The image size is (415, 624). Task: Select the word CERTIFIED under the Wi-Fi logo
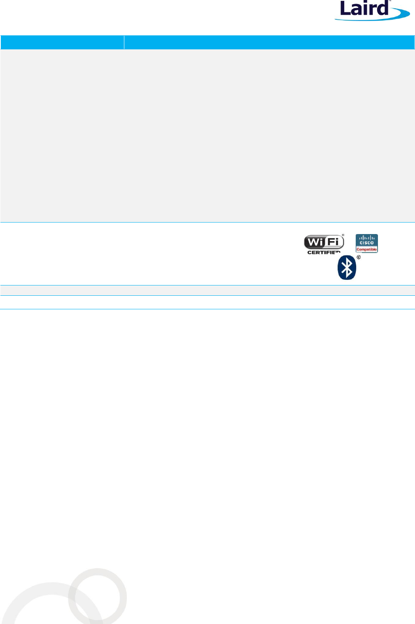[x=324, y=252]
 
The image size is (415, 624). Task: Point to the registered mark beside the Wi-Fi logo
[x=343, y=236]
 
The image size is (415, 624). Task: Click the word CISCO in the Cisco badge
[x=366, y=243]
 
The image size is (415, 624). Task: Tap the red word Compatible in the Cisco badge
[x=366, y=249]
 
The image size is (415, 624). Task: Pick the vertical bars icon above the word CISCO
[x=366, y=238]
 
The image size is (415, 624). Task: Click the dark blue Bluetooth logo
[x=347, y=268]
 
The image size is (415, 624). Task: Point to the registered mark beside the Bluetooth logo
[x=358, y=257]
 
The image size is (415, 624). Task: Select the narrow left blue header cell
[x=62, y=42]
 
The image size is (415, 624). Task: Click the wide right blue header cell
[x=269, y=42]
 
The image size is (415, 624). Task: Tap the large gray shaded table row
[x=207, y=136]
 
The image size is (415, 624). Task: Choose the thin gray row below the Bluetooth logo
[x=207, y=290]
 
